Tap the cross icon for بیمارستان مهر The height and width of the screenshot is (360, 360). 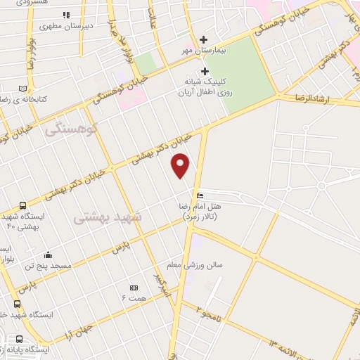[204, 39]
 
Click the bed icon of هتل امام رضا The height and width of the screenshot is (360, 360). [201, 195]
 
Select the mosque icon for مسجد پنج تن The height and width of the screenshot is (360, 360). [48, 255]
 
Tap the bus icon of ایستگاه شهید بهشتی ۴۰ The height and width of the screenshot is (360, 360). [23, 205]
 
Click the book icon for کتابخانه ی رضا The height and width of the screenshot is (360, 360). [23, 89]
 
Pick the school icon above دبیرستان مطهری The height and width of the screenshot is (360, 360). [66, 15]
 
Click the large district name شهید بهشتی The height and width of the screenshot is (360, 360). [108, 217]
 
